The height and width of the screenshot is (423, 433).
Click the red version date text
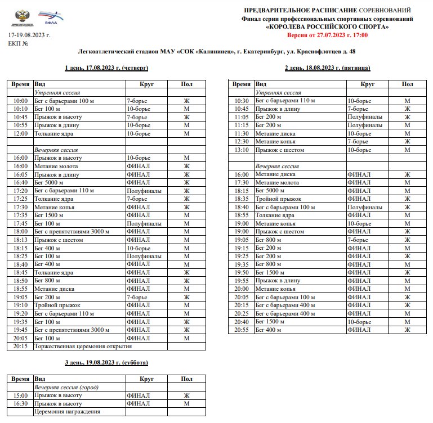coord(327,35)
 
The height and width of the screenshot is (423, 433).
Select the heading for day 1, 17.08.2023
coord(106,67)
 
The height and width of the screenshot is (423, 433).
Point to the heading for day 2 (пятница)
coord(327,67)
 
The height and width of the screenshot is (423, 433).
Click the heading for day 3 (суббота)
coord(106,362)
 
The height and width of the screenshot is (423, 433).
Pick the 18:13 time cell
coord(20,240)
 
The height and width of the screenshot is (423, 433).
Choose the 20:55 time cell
coord(242,330)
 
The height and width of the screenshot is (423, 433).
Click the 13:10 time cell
coord(242,150)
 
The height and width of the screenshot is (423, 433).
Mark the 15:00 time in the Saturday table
coord(20,395)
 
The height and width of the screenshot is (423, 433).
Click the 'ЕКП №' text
coord(19,43)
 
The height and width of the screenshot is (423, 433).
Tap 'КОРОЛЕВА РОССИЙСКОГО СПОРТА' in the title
coord(327,26)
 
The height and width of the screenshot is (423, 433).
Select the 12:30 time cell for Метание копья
coord(242,142)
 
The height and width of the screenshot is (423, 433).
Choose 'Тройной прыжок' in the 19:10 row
coord(56,305)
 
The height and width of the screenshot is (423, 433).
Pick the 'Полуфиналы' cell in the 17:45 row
coord(144,223)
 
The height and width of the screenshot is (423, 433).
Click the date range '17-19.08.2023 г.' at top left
coord(30,35)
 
